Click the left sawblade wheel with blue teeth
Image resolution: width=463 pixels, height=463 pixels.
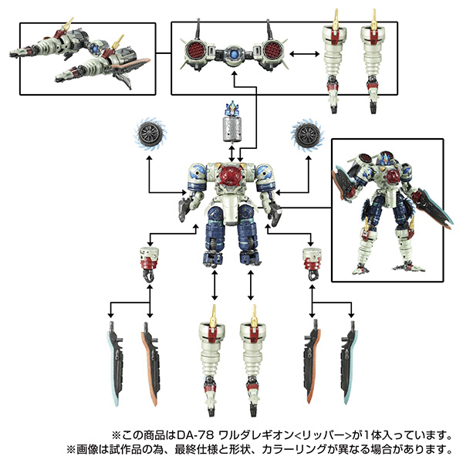[x=150, y=134]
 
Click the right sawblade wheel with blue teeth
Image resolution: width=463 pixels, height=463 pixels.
[x=307, y=134]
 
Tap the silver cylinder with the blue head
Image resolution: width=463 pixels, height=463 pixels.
[x=232, y=124]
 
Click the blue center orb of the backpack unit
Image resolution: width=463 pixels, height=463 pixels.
[x=234, y=55]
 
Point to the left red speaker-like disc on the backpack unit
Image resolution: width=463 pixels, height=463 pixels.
[x=195, y=50]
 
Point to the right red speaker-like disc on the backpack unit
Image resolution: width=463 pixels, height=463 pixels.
[x=273, y=50]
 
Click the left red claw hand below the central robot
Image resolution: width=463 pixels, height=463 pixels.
[x=150, y=264]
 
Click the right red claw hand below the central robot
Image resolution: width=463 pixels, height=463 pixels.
[x=312, y=264]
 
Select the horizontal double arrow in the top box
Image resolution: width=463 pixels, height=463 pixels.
[x=305, y=54]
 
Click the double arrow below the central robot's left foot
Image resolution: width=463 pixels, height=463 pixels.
[x=215, y=286]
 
